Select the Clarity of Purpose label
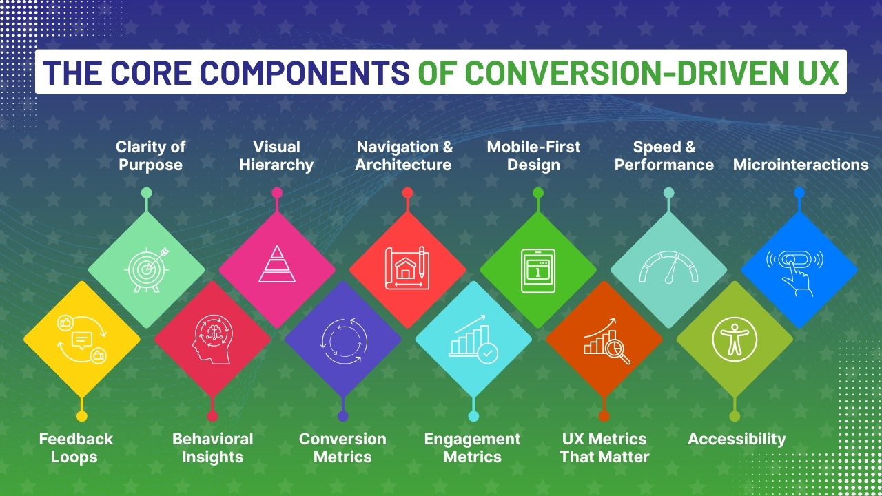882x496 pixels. click(x=150, y=156)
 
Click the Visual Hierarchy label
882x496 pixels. click(x=276, y=156)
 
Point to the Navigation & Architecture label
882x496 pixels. click(x=404, y=156)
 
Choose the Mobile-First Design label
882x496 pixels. click(x=533, y=156)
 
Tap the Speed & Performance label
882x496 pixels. click(x=664, y=156)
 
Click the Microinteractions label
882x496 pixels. click(x=800, y=165)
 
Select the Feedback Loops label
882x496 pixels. click(x=76, y=448)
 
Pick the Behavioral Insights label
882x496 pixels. click(x=212, y=448)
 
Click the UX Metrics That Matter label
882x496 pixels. click(x=604, y=448)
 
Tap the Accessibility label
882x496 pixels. click(x=737, y=439)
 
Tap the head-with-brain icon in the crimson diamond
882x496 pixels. click(x=212, y=338)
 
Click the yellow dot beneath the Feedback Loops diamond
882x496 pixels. click(x=81, y=416)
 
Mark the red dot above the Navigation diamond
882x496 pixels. click(x=407, y=193)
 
